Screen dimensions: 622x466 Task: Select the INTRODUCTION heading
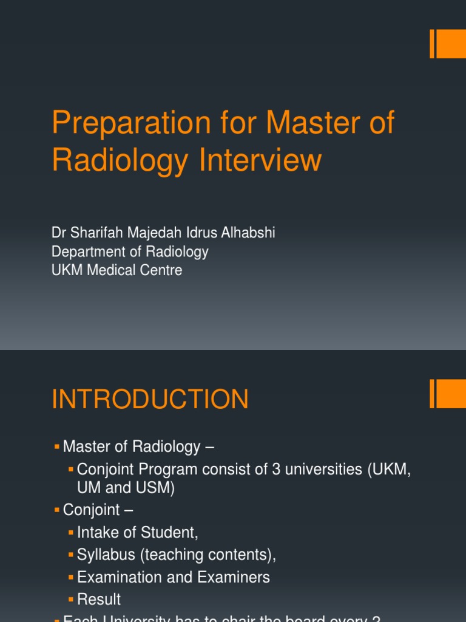point(150,400)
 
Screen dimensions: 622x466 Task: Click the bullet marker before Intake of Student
point(71,532)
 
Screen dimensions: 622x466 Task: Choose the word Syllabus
point(103,555)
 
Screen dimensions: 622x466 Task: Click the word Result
point(99,599)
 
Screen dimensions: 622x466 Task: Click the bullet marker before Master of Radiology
point(57,446)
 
